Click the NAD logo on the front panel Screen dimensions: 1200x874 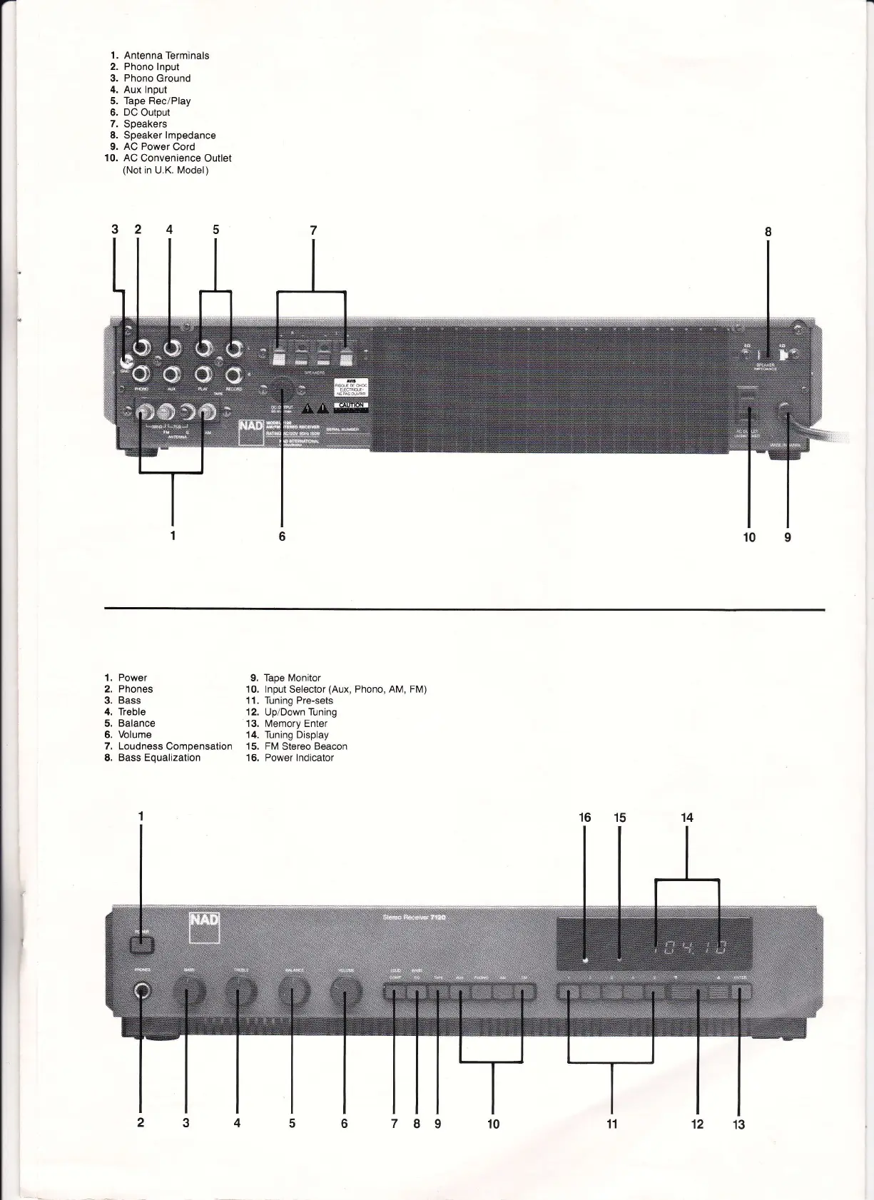203,927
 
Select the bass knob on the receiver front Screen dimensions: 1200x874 188,992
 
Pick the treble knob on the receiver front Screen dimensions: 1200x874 240,992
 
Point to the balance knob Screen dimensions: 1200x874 293,992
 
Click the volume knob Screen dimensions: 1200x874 345,992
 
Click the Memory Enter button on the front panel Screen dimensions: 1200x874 742,992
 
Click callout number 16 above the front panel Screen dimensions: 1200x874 585,818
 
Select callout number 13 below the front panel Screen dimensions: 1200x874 738,1125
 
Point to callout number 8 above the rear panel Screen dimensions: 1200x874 768,232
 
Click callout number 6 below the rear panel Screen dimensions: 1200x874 282,536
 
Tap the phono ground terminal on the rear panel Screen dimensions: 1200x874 124,361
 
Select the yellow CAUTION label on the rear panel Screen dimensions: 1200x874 351,405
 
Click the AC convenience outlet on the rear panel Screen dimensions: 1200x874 748,410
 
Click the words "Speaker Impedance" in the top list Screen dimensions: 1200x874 169,136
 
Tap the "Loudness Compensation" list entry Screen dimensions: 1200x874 175,746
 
